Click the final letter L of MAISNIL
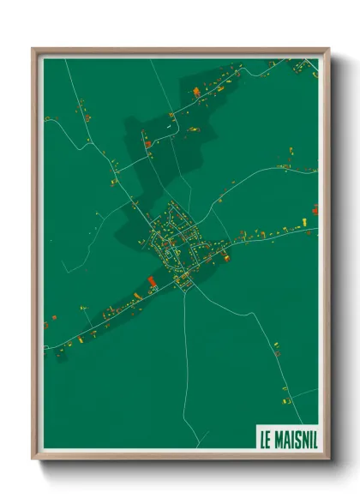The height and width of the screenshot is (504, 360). (314, 439)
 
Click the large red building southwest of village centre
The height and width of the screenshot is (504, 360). (153, 281)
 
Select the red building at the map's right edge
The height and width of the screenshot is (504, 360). (315, 208)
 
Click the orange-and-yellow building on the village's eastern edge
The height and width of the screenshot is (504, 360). (226, 255)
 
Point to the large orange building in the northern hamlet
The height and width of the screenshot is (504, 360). (196, 91)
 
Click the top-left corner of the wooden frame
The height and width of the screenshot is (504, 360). (33, 48)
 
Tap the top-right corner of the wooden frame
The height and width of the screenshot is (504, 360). (329, 48)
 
